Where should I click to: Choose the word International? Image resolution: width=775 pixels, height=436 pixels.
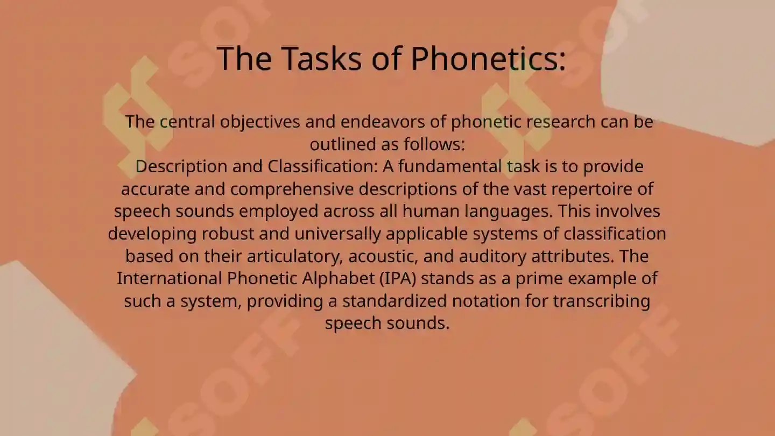pyautogui.click(x=170, y=279)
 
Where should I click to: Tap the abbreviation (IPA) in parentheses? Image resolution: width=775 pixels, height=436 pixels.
pyautogui.click(x=397, y=279)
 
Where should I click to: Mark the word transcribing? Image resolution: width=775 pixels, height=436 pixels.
pyautogui.click(x=602, y=301)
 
